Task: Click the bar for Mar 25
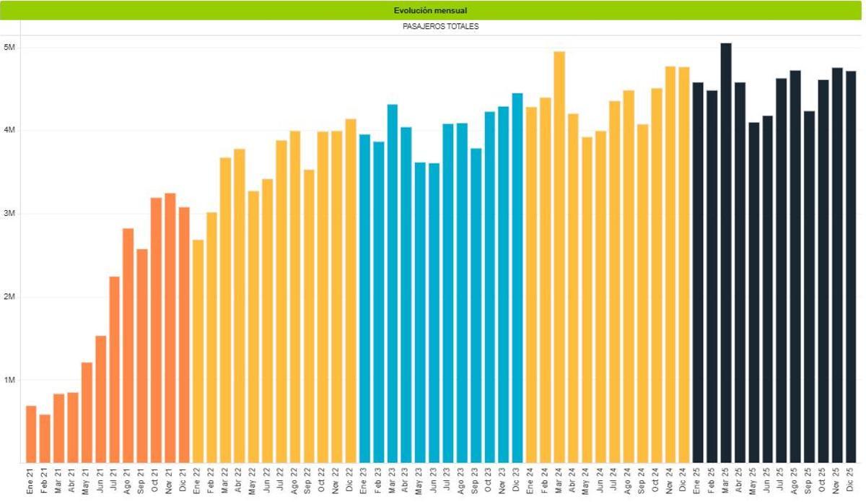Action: (x=726, y=253)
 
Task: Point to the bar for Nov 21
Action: (x=170, y=328)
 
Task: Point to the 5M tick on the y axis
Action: (x=10, y=48)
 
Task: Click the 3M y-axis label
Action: (x=10, y=214)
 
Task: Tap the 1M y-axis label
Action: (x=10, y=380)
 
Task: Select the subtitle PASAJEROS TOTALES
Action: (x=440, y=27)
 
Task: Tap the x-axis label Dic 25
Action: (x=850, y=481)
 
